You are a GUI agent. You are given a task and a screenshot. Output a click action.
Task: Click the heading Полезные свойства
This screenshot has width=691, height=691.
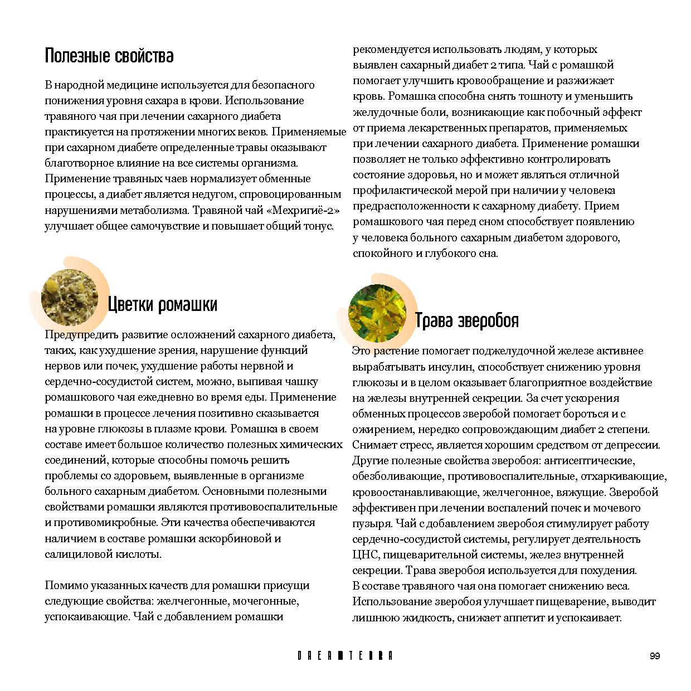coord(109,56)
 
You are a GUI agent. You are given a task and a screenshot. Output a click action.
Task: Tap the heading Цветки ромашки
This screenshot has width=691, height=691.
coord(162,304)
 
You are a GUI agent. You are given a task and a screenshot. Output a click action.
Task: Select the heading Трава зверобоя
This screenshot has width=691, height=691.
coord(466,320)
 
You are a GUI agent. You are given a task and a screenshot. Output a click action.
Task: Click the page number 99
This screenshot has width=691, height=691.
coord(655,656)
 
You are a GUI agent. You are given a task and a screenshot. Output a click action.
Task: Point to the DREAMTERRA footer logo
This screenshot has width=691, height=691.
coord(345,656)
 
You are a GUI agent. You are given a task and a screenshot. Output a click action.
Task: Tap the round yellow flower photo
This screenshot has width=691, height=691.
coord(377,312)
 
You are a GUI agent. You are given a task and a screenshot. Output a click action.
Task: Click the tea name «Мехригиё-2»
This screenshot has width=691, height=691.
coord(303,211)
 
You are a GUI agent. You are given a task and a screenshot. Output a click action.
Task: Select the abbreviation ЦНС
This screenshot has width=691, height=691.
coord(366,555)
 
